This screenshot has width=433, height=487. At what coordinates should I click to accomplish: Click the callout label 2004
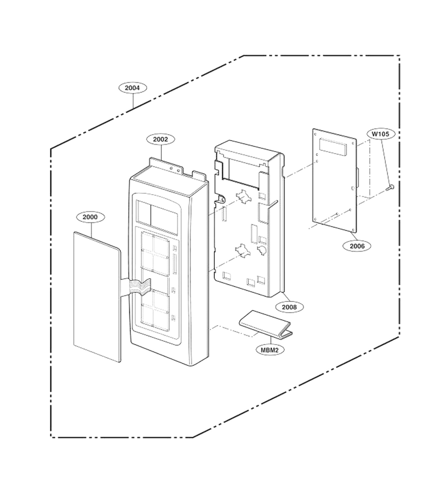(132, 88)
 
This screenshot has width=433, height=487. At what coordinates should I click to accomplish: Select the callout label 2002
(160, 140)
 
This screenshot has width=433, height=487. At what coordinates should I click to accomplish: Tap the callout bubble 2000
(90, 217)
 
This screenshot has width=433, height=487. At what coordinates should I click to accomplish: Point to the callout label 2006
(357, 246)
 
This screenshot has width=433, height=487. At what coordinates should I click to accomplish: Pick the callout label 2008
(289, 307)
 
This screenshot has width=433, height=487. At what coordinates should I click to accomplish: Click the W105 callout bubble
(380, 134)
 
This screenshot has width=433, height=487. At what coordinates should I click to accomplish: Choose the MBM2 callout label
(270, 350)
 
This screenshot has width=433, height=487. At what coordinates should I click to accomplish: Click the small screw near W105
(390, 187)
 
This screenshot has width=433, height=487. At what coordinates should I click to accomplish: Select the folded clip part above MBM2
(266, 324)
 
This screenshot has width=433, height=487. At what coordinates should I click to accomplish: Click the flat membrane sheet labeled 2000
(97, 297)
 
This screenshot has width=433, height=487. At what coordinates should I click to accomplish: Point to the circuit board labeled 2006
(334, 181)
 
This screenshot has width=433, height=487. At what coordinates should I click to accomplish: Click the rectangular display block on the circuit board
(333, 147)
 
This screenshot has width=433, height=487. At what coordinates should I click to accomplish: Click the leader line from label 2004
(133, 101)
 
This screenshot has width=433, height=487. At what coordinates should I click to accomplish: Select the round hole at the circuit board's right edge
(352, 188)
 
